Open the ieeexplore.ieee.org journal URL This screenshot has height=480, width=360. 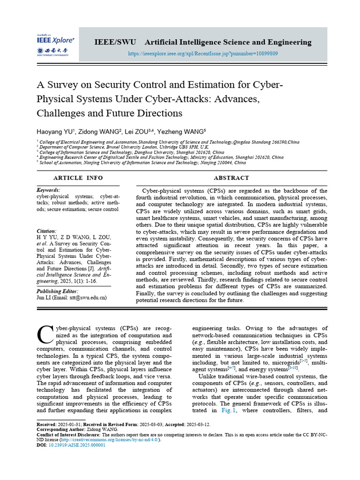(203, 53)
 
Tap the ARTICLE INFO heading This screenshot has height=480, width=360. (78, 178)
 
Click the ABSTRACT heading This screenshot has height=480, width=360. (231, 178)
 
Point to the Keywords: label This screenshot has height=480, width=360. (48, 190)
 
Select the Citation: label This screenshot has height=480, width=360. (46, 231)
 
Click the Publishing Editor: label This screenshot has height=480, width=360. (58, 291)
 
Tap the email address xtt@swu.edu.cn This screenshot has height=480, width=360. (89, 298)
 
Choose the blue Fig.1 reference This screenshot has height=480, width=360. (229, 410)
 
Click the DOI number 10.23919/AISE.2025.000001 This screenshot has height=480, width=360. (77, 445)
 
